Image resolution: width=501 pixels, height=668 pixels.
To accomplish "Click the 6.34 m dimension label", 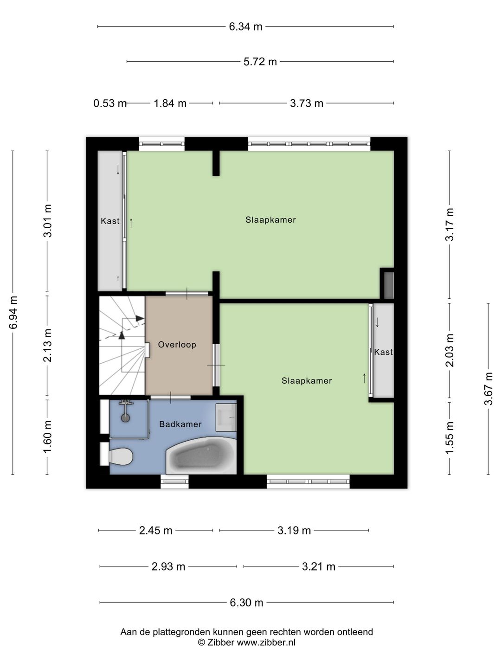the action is (245, 27).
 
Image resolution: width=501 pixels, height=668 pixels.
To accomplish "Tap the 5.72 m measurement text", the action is (260, 62).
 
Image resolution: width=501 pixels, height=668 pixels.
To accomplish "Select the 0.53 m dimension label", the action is (110, 103).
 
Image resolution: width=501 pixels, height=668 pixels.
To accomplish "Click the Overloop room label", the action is (177, 345).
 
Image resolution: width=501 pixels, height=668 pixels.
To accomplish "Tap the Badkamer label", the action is (180, 424).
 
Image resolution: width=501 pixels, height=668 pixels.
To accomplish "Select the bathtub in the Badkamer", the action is (201, 456).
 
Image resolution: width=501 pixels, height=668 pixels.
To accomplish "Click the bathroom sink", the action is (226, 417).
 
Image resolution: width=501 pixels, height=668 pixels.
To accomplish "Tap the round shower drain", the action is (125, 418).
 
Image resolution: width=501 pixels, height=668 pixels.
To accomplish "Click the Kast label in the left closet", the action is (110, 221).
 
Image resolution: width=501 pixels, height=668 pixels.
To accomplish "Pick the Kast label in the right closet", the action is (383, 352).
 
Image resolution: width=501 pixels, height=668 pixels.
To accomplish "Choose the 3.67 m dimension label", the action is (488, 389).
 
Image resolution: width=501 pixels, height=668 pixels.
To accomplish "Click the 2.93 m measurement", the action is (168, 567).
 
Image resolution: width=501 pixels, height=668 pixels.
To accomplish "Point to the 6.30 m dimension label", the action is (246, 603).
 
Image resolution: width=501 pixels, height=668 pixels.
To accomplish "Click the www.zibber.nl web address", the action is (266, 642).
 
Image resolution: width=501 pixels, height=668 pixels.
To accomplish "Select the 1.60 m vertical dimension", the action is (48, 437).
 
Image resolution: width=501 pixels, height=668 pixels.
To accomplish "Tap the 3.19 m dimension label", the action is (294, 531).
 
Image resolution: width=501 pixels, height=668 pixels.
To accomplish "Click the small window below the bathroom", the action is (174, 482).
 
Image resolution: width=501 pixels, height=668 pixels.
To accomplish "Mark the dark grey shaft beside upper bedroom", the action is (388, 285).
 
